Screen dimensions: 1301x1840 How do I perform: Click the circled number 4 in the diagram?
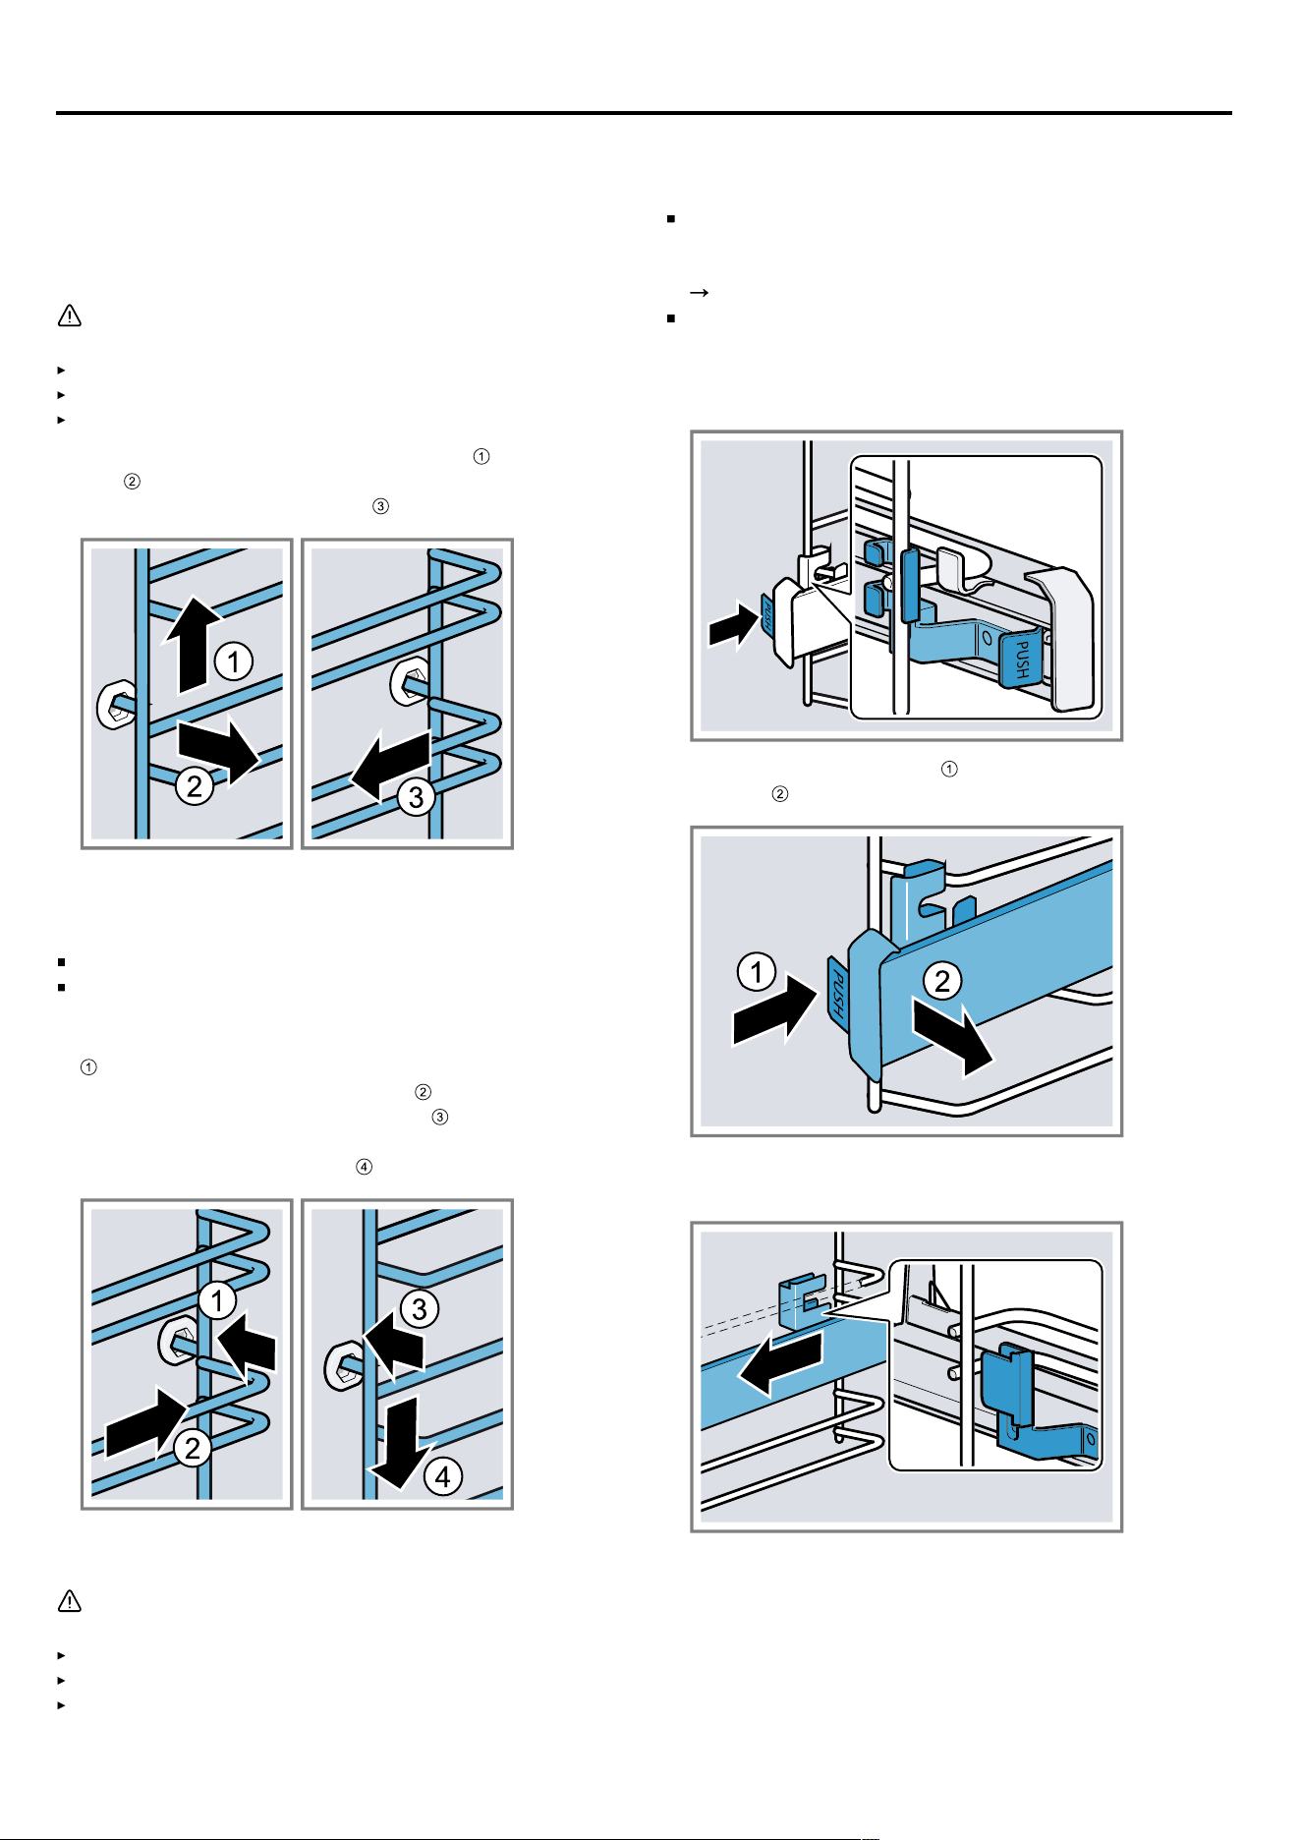coord(443,1476)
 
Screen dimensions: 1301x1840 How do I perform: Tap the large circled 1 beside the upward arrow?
coord(234,661)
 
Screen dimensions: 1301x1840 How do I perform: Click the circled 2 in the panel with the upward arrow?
coord(195,785)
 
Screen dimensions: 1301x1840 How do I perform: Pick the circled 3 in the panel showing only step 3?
coord(416,796)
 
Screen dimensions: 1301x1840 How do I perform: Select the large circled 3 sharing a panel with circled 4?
coord(420,1308)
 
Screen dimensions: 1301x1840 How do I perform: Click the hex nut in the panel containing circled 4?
coord(344,1366)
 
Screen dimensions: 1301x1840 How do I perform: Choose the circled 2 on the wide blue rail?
coord(942,980)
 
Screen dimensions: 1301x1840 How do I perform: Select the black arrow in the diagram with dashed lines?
coord(780,1364)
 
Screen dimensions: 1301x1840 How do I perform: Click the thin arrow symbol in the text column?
coord(700,292)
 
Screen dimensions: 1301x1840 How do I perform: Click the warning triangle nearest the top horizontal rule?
coord(70,316)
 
